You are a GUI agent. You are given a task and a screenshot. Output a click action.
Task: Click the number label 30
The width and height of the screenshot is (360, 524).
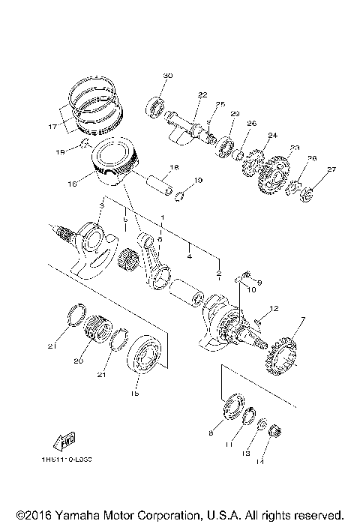tap(168, 76)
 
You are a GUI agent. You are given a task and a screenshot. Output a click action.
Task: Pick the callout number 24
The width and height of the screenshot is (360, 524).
tap(272, 136)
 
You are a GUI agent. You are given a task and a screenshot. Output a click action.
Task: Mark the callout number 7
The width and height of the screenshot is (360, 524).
tap(301, 320)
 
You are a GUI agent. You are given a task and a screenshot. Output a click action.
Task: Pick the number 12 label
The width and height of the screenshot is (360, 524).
tap(274, 307)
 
